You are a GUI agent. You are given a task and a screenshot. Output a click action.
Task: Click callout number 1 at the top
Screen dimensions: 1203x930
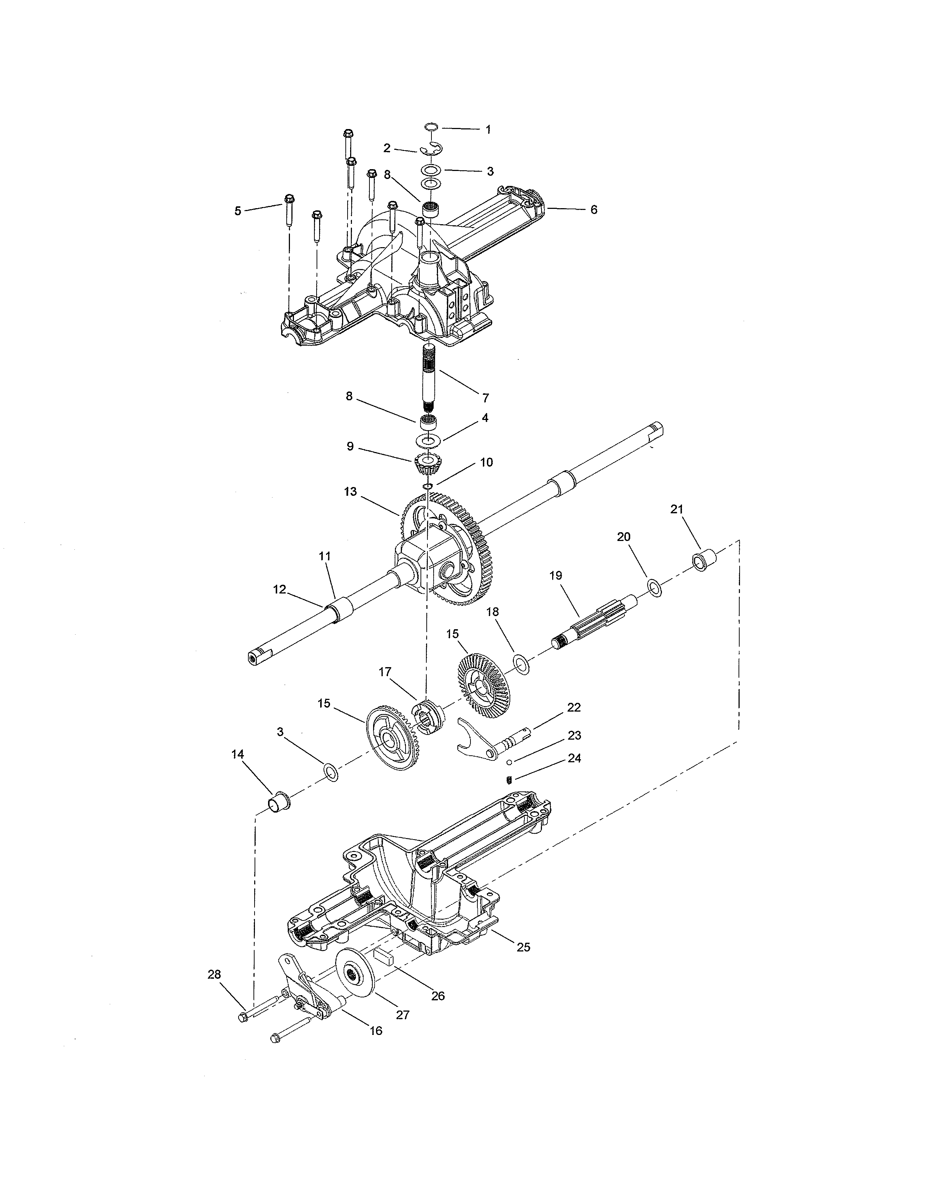(488, 129)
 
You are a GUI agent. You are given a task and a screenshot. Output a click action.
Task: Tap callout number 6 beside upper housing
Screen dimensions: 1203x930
(593, 210)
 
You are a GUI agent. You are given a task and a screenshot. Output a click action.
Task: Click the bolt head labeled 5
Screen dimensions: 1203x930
(289, 199)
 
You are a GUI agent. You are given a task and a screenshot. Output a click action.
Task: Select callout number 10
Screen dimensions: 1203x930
(486, 462)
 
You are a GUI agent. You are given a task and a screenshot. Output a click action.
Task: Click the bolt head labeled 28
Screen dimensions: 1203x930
(244, 1017)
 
